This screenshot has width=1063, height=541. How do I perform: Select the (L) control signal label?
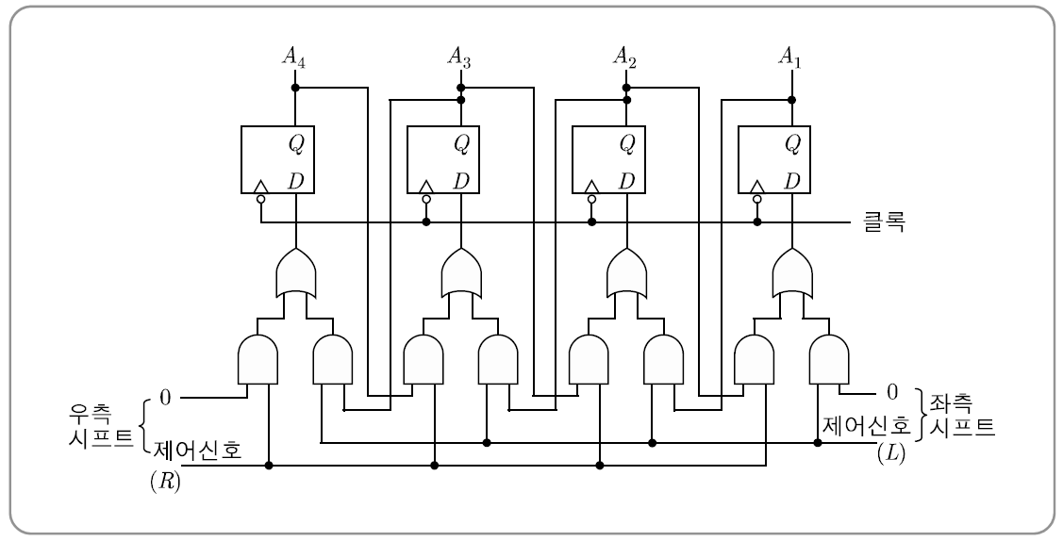point(891,454)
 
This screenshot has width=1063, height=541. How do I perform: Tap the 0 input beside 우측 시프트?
point(165,398)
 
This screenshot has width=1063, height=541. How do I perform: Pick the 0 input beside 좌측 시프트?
point(891,389)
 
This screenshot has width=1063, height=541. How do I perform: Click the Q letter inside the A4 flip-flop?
point(295,143)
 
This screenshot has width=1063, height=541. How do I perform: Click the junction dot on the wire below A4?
point(295,88)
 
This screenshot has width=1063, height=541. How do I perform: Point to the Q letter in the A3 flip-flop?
point(461,143)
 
